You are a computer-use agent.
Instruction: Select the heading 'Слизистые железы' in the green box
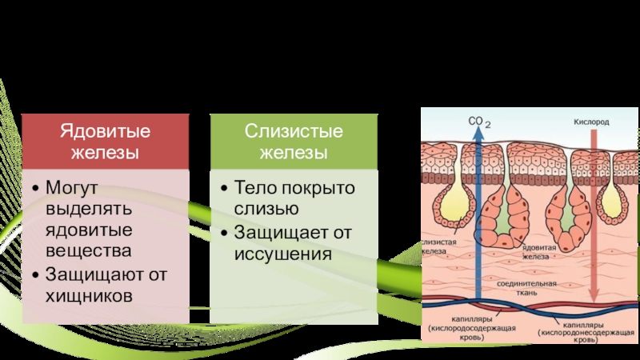point(294,140)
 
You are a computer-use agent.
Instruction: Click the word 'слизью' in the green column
point(266,209)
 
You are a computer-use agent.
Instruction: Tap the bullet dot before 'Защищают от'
point(36,274)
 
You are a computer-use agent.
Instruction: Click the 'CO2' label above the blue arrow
point(479,122)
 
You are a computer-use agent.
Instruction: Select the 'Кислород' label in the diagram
point(591,122)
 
